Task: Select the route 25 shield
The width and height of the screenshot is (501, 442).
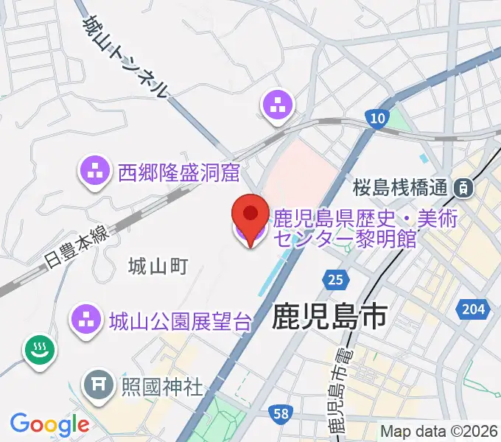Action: click(x=334, y=279)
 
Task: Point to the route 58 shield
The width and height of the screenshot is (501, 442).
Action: click(x=279, y=415)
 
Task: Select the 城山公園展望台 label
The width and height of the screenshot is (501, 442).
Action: click(x=181, y=320)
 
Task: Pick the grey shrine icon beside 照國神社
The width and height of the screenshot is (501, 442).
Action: click(x=97, y=384)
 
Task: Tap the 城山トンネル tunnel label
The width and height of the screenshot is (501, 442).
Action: click(x=126, y=57)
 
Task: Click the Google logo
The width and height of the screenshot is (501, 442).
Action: click(x=49, y=424)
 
